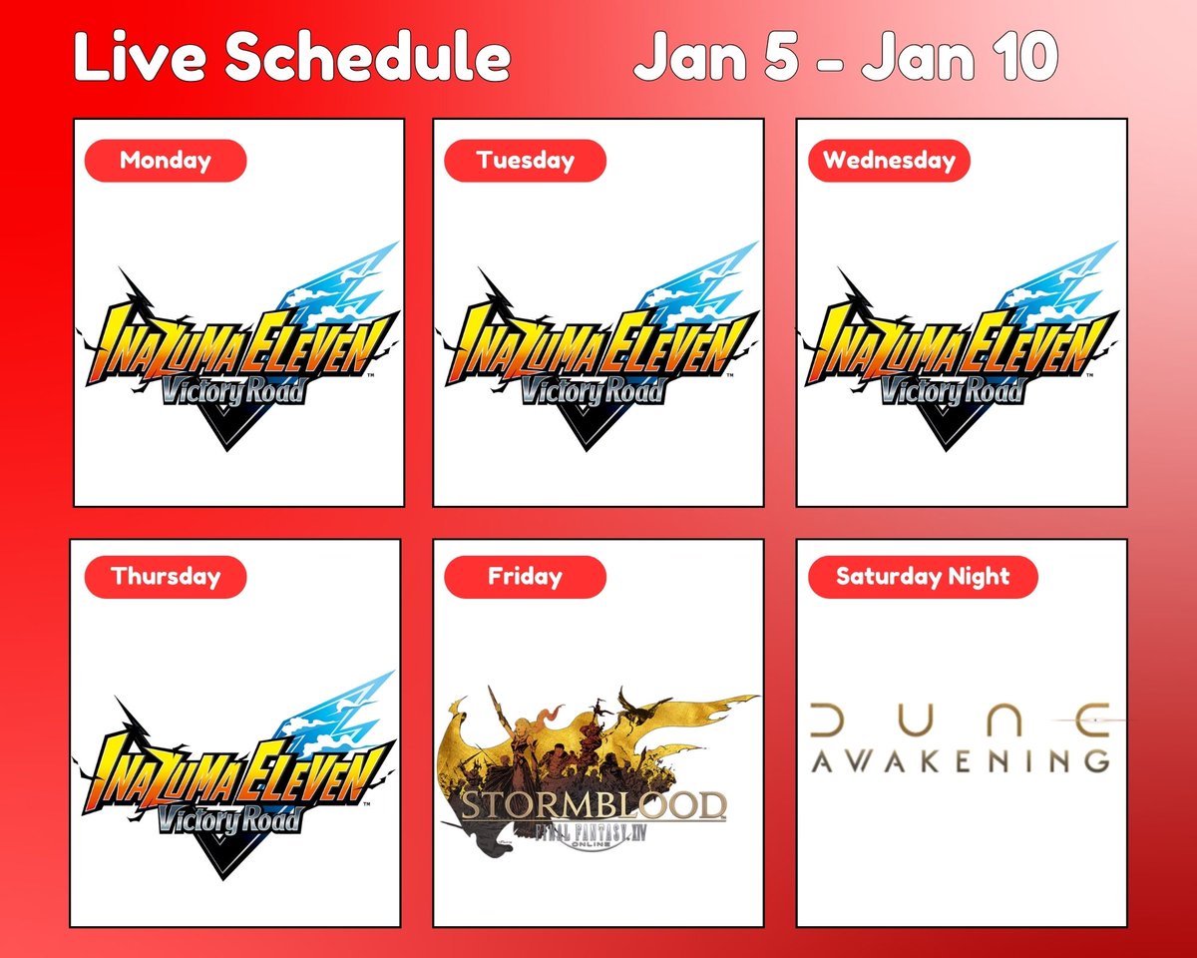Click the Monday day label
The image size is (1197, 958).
click(x=165, y=161)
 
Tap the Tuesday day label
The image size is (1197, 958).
click(x=525, y=161)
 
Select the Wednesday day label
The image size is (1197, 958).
click(x=889, y=161)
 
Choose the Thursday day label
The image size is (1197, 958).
click(x=165, y=577)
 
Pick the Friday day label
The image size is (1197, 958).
click(x=525, y=577)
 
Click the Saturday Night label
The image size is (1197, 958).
click(x=923, y=577)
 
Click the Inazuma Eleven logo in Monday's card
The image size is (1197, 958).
click(x=239, y=344)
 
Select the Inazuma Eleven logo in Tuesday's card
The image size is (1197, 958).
click(x=598, y=344)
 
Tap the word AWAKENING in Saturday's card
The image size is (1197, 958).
click(x=961, y=760)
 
